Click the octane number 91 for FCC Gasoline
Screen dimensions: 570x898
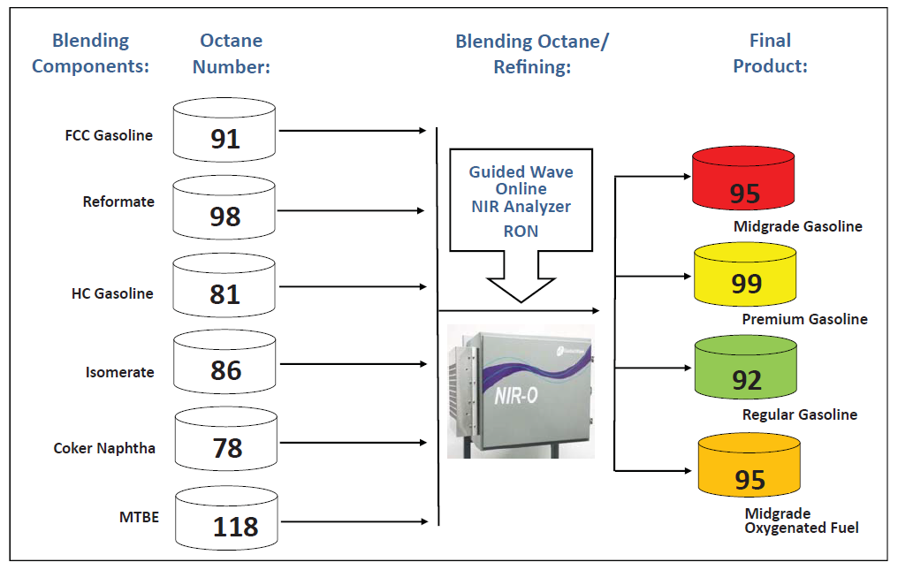click(225, 139)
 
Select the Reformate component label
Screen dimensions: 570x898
click(118, 201)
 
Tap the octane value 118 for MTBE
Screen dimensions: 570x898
click(235, 527)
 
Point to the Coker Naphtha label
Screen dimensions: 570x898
click(104, 448)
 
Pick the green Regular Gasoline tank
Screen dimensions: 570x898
click(746, 370)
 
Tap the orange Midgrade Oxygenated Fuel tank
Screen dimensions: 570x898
click(749, 468)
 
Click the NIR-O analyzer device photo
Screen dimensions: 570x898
click(521, 390)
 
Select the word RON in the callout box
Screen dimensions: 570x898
click(521, 232)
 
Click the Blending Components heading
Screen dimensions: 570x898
click(90, 53)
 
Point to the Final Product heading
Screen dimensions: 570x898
click(770, 53)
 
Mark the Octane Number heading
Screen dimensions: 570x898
click(231, 53)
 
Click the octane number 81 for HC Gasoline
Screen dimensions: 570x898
click(224, 293)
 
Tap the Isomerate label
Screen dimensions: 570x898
click(120, 372)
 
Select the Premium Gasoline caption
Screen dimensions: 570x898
click(804, 319)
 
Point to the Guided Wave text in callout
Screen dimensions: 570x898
click(521, 171)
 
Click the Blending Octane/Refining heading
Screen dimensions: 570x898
click(532, 53)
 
